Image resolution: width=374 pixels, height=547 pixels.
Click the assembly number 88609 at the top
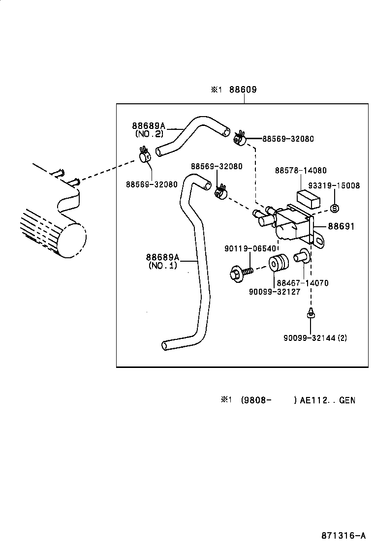(x=245, y=90)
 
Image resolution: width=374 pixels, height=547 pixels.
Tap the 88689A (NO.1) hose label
(x=162, y=261)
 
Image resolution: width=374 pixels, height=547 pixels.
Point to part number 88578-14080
(x=300, y=171)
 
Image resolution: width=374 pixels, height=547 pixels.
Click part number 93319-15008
(x=334, y=185)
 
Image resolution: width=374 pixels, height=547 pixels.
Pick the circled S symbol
(x=334, y=208)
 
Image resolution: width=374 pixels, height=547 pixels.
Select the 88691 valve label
(x=341, y=227)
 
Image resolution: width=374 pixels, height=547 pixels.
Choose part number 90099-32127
(x=274, y=291)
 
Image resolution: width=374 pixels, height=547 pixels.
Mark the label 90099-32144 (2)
(x=315, y=338)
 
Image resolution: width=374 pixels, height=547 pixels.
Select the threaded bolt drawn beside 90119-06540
(x=241, y=272)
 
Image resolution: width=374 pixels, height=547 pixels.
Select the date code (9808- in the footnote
(x=255, y=400)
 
